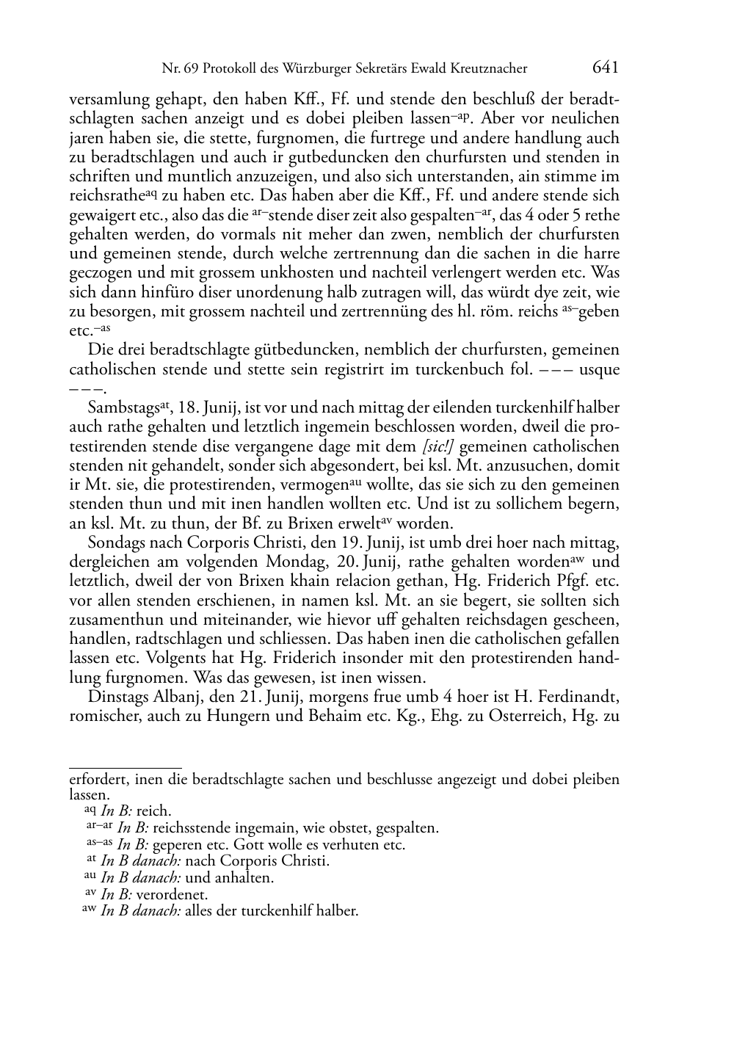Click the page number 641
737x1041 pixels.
pos(605,68)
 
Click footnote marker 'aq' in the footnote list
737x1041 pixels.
pos(90,810)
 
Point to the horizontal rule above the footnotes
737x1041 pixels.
pos(125,768)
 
